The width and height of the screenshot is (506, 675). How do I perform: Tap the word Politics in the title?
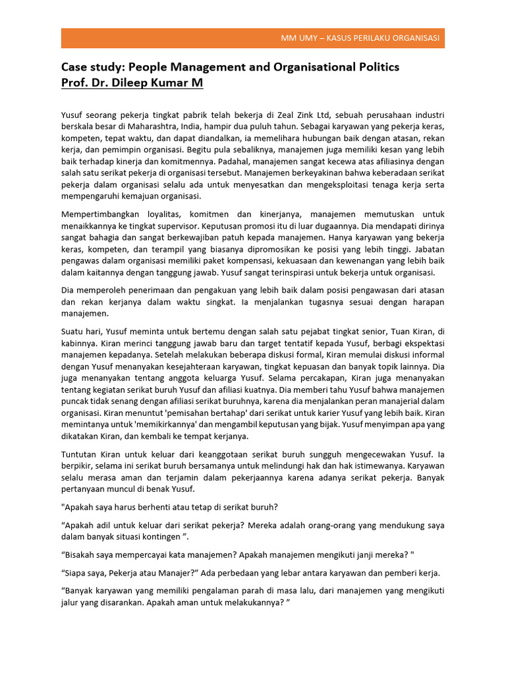376,67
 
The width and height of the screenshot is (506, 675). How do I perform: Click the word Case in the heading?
74,67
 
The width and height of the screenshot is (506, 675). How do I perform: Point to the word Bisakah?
82,554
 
